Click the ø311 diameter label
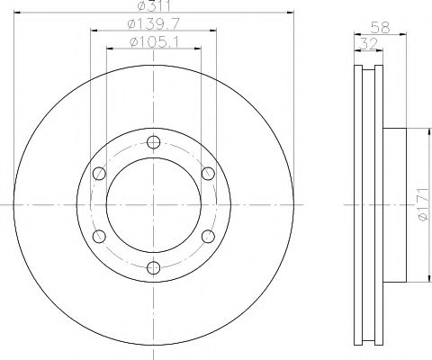point(154,5)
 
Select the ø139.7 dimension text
point(153,23)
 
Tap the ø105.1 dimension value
point(154,41)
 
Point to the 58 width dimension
point(380,28)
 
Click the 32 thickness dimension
point(368,44)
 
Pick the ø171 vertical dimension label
point(424,205)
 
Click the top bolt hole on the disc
point(153,142)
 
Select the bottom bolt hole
point(153,267)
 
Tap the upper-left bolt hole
point(99,174)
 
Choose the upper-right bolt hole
point(208,174)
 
